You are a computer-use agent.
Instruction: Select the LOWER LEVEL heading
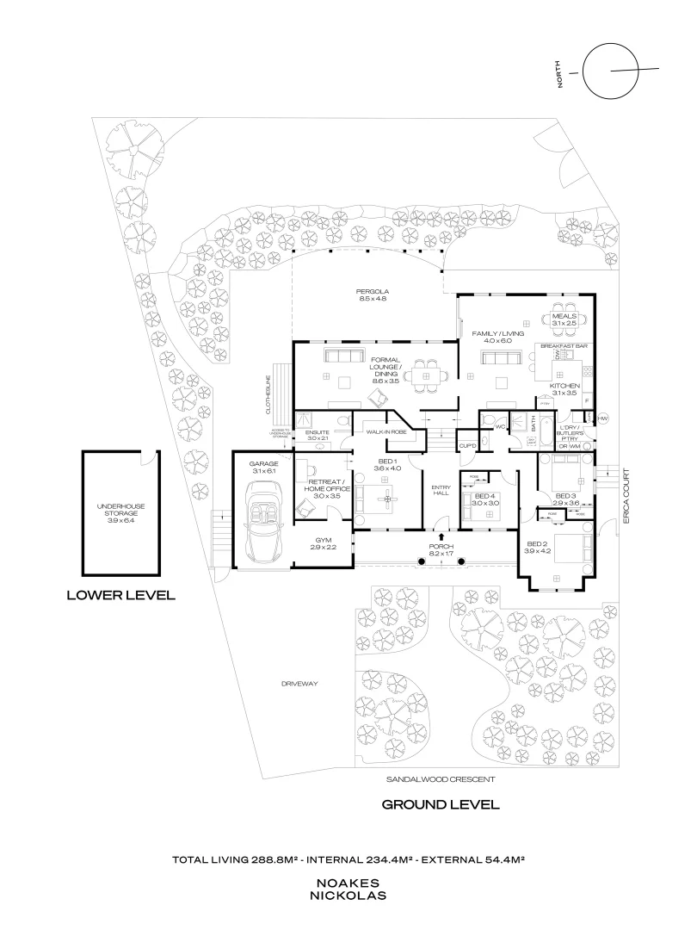(x=120, y=594)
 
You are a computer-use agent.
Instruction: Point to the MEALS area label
(x=567, y=319)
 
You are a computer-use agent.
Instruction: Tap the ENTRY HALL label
(x=441, y=491)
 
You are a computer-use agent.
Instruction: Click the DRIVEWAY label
(x=299, y=684)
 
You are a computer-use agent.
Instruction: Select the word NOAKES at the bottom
(x=349, y=883)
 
